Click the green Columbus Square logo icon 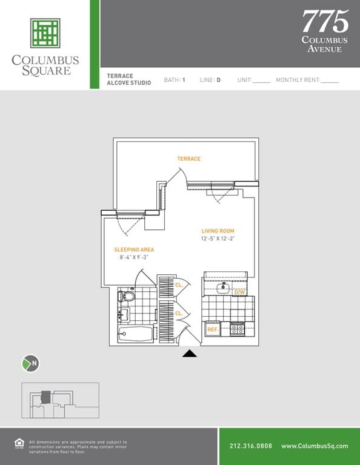click(x=45, y=33)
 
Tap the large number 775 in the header click(x=325, y=21)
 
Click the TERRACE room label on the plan click(x=188, y=159)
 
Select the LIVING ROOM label click(x=218, y=231)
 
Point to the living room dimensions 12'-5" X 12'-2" click(x=218, y=239)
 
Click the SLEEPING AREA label click(x=134, y=249)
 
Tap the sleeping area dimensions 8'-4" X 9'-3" click(x=134, y=257)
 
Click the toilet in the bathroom click(x=127, y=296)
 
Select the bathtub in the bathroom click(x=135, y=334)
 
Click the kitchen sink click(x=223, y=288)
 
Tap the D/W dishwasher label click(x=240, y=292)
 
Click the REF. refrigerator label click(x=213, y=329)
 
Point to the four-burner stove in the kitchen click(x=237, y=329)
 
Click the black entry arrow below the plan click(x=190, y=353)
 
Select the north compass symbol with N click(x=30, y=363)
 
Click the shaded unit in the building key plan click(x=45, y=397)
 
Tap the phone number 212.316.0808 click(x=251, y=446)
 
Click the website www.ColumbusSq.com click(x=315, y=446)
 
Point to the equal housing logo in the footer click(x=19, y=444)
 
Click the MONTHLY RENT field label click(x=298, y=80)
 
